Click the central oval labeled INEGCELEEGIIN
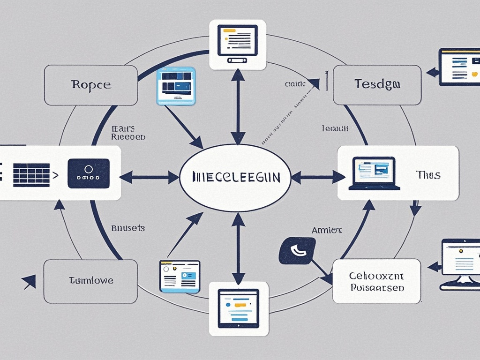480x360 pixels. (x=237, y=177)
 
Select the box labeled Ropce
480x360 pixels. (x=91, y=85)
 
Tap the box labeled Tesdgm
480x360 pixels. (x=377, y=85)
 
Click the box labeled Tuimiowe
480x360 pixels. (x=91, y=281)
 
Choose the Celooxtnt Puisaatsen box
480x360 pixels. (x=376, y=281)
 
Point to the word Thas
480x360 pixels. (x=428, y=175)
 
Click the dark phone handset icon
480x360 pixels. (x=297, y=250)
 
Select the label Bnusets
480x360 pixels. (x=128, y=228)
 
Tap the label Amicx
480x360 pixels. (x=327, y=230)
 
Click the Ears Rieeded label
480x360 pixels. (x=127, y=133)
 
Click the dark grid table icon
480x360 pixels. (x=31, y=174)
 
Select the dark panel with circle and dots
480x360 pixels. (x=89, y=173)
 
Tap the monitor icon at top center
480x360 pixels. (x=237, y=44)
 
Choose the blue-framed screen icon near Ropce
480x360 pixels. (x=176, y=86)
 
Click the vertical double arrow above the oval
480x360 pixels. (x=238, y=106)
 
